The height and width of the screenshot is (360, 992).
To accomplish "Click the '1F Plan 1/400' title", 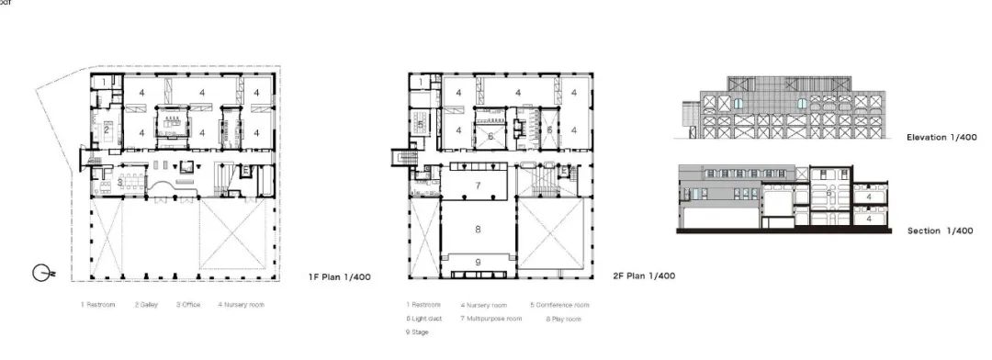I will pos(340,276).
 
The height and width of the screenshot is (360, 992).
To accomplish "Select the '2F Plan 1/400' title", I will pos(645,276).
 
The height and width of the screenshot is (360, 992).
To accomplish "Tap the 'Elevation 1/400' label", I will pos(941,137).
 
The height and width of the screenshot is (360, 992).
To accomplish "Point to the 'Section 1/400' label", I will pos(941,231).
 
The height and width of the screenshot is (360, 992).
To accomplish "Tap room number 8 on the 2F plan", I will pos(478,229).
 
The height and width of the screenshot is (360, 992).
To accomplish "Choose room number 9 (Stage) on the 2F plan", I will pos(478,263).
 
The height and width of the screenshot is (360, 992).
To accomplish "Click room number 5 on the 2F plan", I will pos(419,125).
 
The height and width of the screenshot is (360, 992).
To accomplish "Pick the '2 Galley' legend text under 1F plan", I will pos(149,304).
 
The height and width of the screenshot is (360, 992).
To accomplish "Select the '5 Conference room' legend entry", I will pos(559,304).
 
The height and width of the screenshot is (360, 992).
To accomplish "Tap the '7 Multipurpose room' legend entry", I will pos(491,318).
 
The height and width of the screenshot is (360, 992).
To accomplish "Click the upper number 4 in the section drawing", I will pos(869,196).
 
